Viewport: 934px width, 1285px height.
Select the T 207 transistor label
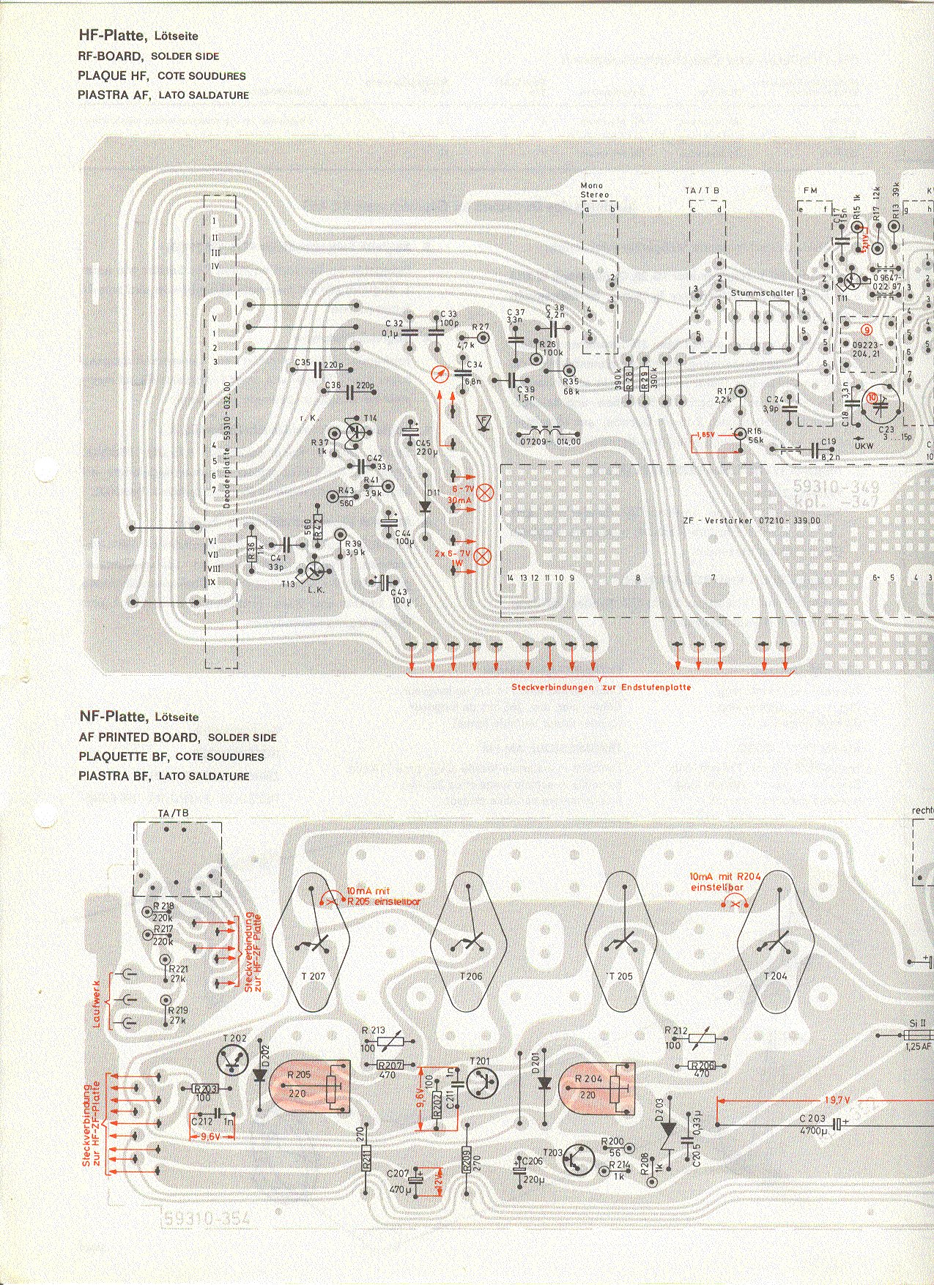point(313,976)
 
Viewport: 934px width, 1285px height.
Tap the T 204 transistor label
point(775,976)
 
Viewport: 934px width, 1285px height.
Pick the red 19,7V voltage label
point(836,1100)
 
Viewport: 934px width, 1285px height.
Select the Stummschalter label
point(762,293)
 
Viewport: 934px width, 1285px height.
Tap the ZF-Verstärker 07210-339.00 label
point(752,521)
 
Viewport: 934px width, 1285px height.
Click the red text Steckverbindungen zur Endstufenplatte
point(601,688)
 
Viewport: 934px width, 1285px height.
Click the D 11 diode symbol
point(425,505)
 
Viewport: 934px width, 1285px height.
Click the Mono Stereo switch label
point(594,190)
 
